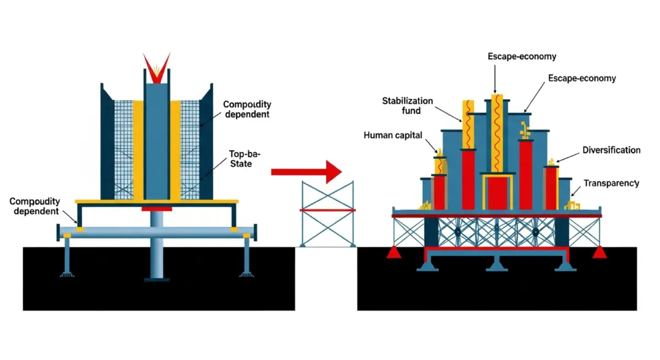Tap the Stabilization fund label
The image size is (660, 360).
tap(408, 106)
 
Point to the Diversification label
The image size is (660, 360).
tap(611, 150)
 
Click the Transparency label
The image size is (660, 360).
tap(611, 183)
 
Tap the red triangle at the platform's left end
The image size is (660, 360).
tap(394, 252)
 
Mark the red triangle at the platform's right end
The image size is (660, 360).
tap(600, 252)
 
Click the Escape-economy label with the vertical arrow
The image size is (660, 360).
tap(522, 56)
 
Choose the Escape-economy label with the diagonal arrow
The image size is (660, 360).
tap(582, 79)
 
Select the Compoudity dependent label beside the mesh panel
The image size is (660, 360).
tap(246, 109)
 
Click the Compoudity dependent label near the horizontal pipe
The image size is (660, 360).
tap(35, 207)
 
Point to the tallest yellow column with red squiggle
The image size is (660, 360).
tap(497, 132)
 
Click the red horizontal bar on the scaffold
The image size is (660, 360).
tap(327, 210)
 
